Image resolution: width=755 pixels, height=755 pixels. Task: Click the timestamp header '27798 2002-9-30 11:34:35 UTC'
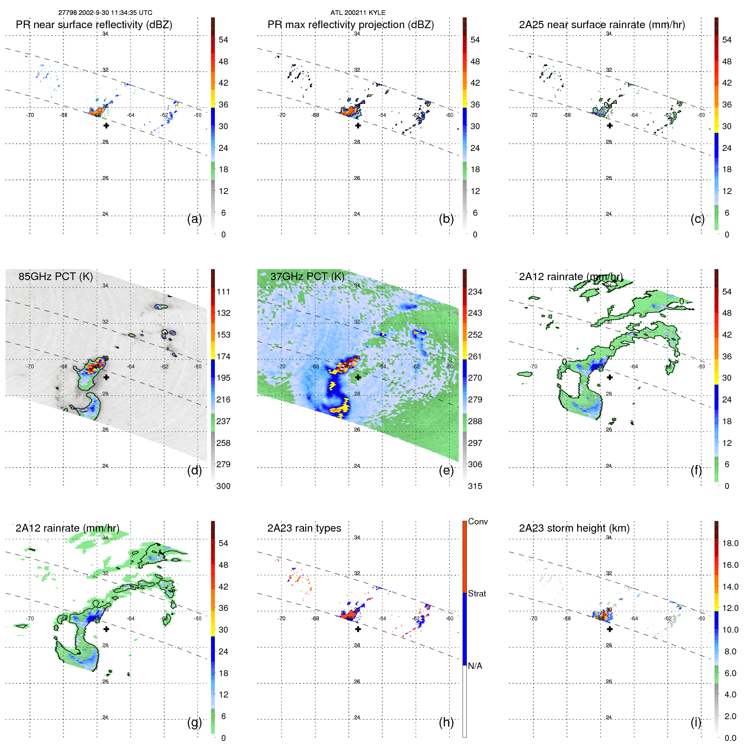coord(105,13)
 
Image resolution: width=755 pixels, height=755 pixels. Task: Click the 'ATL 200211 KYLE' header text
coord(358,13)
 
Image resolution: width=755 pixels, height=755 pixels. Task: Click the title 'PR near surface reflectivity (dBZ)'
coord(94,25)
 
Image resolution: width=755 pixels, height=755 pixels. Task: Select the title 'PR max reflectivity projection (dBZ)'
coord(350,25)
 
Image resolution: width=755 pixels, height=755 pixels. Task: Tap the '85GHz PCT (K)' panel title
coord(55,277)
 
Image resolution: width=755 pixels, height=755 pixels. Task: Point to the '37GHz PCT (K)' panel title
coord(307,277)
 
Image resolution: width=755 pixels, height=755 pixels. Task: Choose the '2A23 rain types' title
coord(304,528)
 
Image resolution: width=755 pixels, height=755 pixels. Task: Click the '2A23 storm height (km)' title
coord(574,528)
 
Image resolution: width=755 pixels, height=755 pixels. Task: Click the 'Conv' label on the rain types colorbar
coord(477,522)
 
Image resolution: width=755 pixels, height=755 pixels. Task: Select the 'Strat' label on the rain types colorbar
coord(477,594)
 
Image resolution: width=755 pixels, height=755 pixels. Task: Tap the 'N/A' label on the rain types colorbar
coord(475,666)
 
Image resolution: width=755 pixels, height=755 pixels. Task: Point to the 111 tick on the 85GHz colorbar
coord(223,292)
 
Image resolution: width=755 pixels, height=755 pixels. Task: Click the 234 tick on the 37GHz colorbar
coord(475,292)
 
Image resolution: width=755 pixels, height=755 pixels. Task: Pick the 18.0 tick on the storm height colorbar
coord(730,544)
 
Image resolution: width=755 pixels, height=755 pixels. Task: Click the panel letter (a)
coord(194,219)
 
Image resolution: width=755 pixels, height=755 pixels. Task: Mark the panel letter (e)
coord(446,471)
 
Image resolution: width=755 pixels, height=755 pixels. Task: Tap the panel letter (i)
coord(696,722)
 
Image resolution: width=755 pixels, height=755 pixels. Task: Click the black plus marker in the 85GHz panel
coord(106,377)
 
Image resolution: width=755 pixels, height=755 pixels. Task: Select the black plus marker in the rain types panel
coord(358,629)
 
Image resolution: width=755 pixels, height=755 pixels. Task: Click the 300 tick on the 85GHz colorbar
coord(223,486)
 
